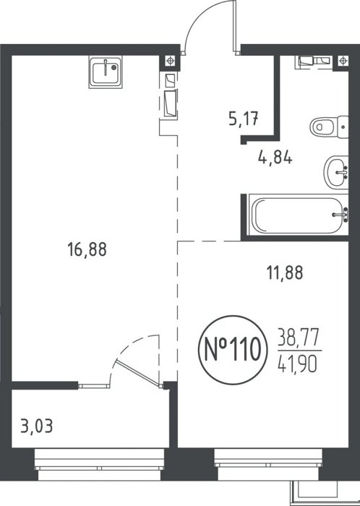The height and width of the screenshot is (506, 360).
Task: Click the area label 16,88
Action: tap(87, 250)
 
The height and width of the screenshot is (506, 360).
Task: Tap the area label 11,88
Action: tap(285, 273)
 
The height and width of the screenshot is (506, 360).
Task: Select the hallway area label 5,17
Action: tap(244, 119)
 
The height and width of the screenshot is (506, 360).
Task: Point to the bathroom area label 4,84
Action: tap(275, 158)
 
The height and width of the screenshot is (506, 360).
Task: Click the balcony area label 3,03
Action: tap(36, 426)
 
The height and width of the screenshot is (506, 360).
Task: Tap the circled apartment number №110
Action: tap(233, 350)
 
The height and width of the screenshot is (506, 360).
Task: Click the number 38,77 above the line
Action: tap(299, 337)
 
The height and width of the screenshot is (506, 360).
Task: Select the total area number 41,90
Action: tap(298, 364)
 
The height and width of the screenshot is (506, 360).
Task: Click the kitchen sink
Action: tap(106, 72)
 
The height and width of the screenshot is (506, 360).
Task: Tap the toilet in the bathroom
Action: tap(329, 126)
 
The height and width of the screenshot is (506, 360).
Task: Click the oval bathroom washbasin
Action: tap(336, 173)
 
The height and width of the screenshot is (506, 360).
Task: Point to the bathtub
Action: tap(297, 215)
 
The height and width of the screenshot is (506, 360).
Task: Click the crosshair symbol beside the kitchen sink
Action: tap(170, 60)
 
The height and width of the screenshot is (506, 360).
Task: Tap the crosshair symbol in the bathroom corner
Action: tap(343, 60)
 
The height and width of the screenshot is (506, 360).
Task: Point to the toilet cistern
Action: tap(343, 126)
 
